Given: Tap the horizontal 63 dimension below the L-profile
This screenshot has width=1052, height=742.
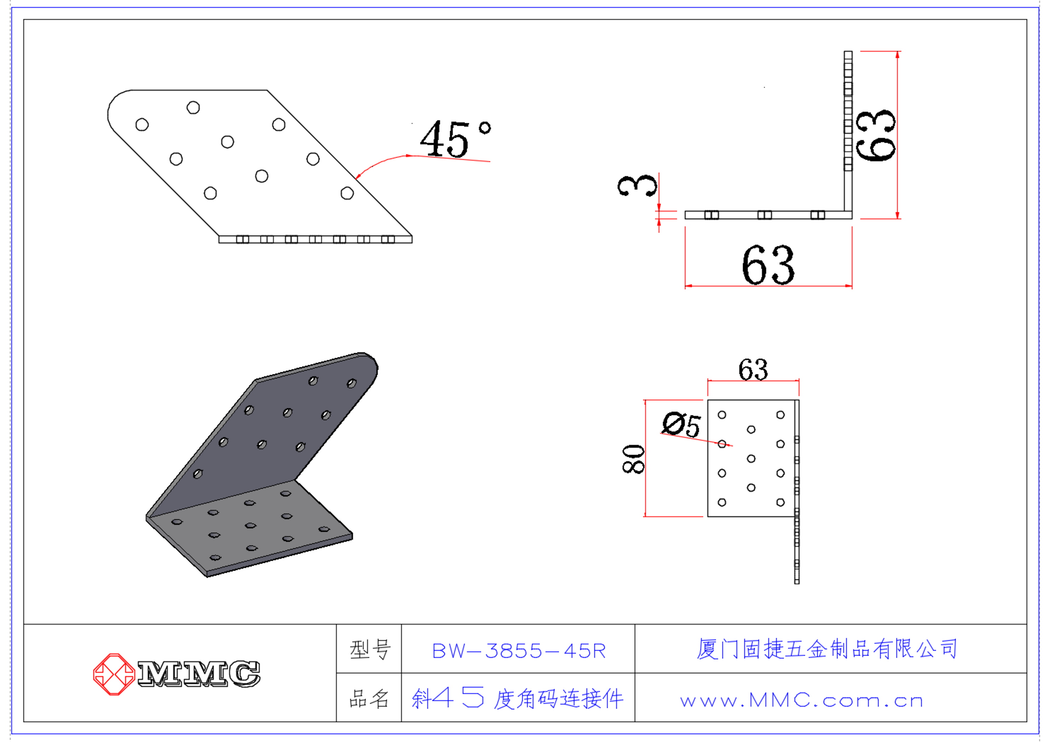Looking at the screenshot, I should tap(768, 265).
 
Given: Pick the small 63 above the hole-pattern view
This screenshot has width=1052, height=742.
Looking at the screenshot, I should tap(753, 370).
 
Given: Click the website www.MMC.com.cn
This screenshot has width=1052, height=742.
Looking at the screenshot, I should tap(802, 701).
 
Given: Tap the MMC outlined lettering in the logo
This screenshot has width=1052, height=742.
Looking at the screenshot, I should tap(199, 674).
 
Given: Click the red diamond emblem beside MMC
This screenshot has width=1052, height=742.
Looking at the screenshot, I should tap(114, 674).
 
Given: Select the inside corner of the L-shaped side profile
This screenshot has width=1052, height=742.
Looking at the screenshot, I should tap(844, 211).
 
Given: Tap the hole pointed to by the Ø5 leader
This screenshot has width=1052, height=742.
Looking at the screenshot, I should tap(722, 444).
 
